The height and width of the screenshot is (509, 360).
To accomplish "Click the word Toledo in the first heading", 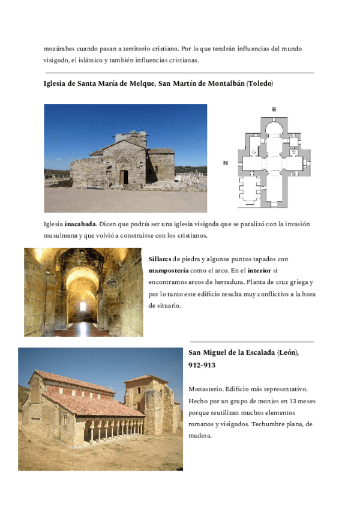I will tap(260, 83).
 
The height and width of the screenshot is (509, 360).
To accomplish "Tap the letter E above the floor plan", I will tap(274, 109).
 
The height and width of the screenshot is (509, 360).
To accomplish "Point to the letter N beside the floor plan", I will tap(225, 163).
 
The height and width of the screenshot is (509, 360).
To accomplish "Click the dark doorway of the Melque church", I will tap(124, 177).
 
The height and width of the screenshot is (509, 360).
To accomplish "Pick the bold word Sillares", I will tap(159, 259).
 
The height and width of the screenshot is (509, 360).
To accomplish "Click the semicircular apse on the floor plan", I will tap(274, 128).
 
